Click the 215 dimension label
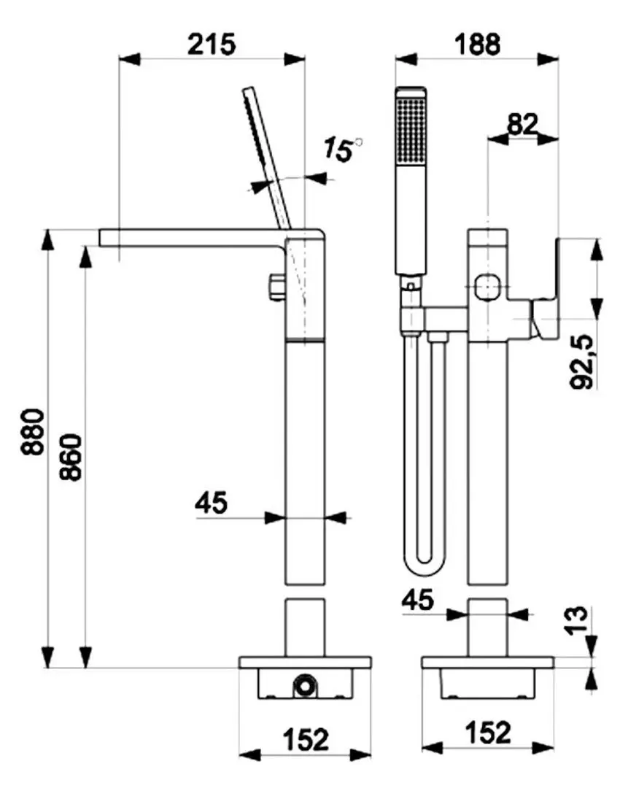[212, 45]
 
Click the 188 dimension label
[477, 45]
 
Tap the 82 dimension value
[522, 123]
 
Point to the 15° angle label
[341, 150]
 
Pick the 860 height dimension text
[71, 457]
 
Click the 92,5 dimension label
[582, 362]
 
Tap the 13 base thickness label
[578, 621]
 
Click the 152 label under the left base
[306, 739]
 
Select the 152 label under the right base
[488, 733]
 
